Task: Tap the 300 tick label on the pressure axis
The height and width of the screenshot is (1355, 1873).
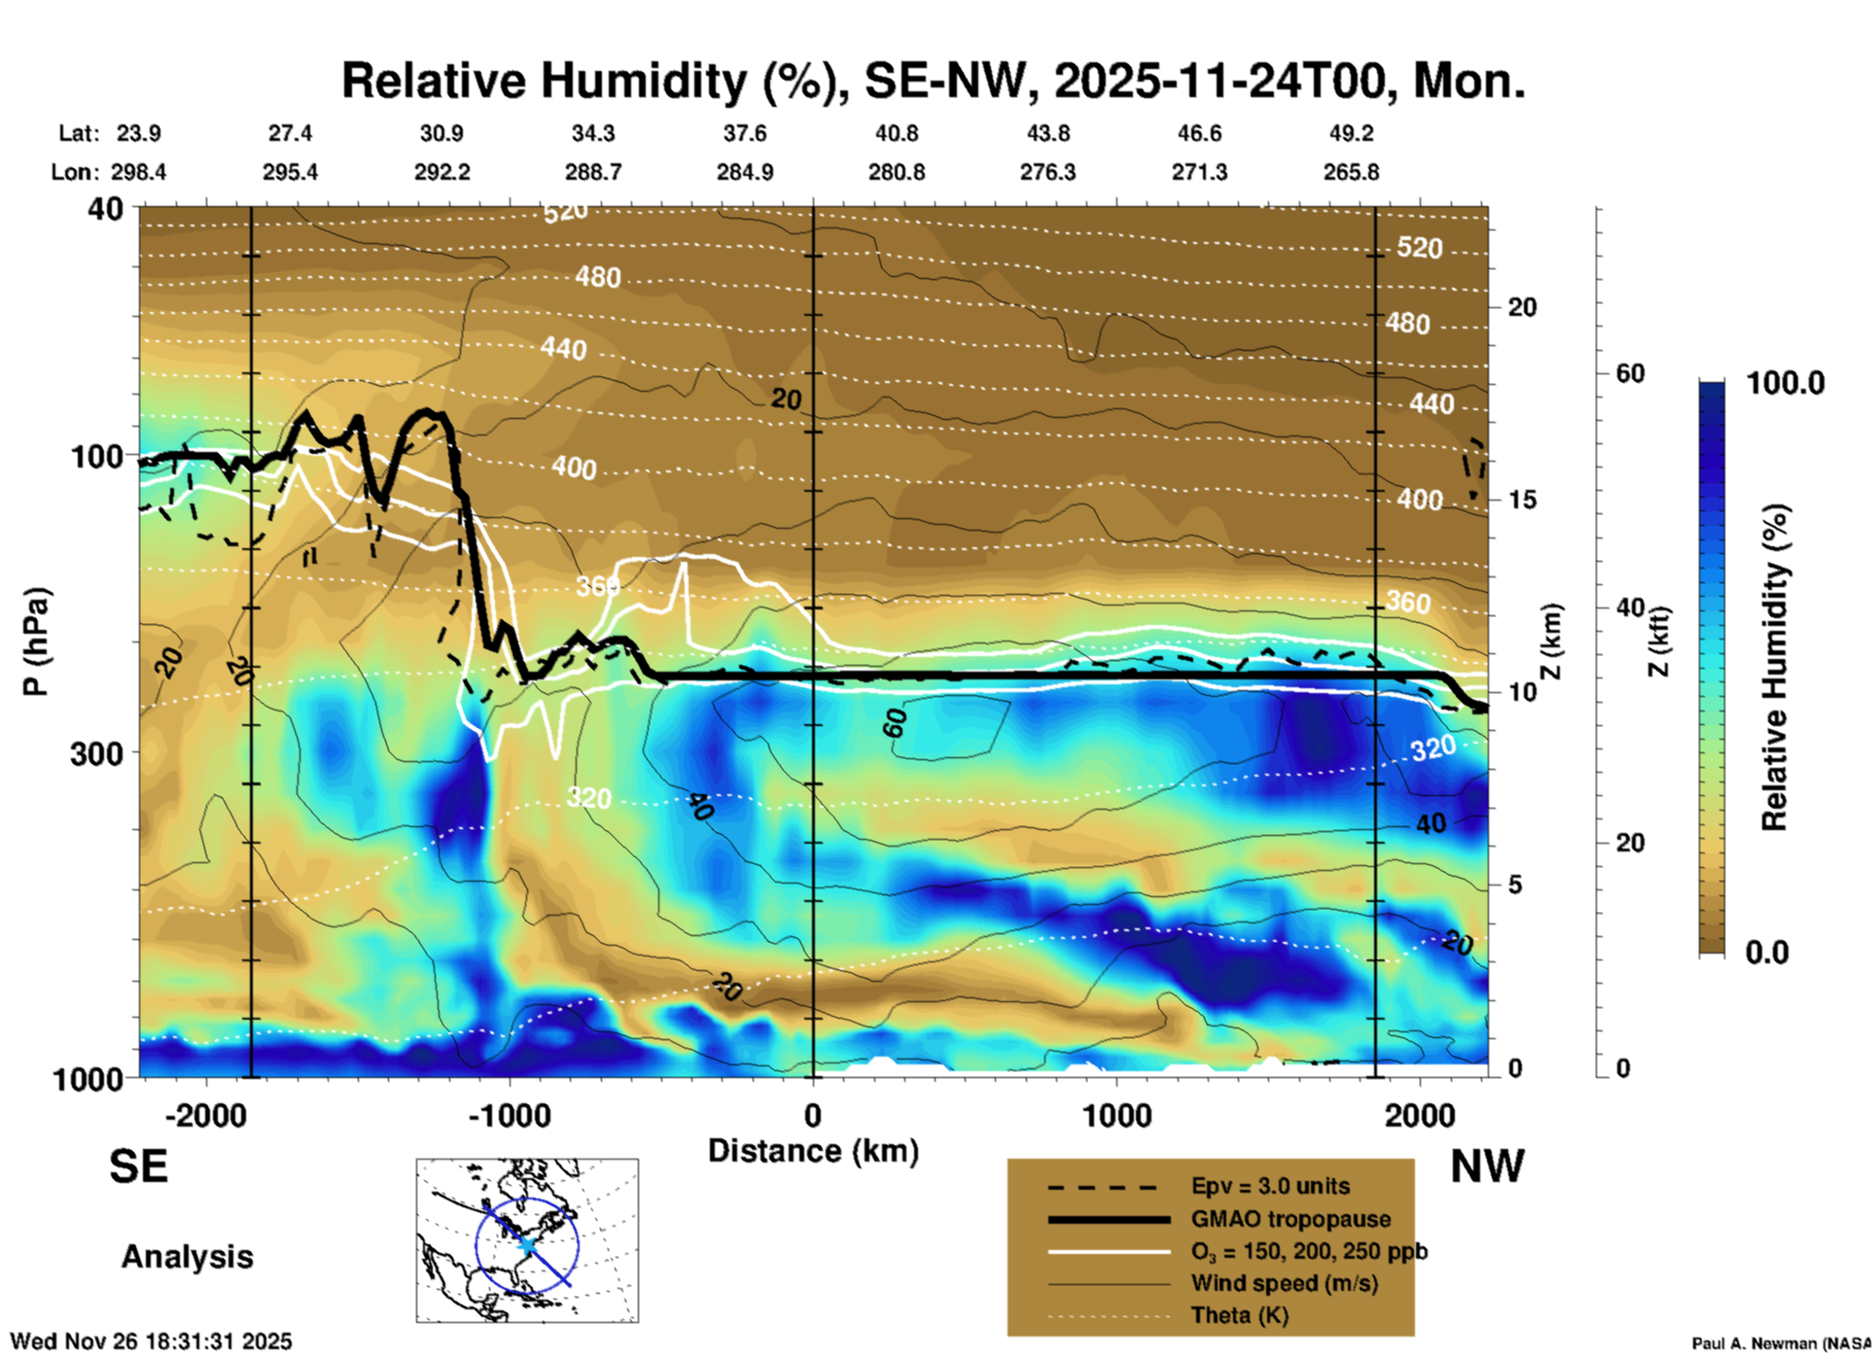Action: (x=96, y=752)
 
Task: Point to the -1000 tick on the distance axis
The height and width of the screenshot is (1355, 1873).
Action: (x=509, y=1115)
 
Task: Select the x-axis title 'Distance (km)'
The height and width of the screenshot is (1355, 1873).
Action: (x=813, y=1151)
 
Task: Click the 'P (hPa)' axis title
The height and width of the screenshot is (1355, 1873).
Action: (x=36, y=641)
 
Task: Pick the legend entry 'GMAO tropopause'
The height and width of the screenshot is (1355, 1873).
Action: (x=1290, y=1219)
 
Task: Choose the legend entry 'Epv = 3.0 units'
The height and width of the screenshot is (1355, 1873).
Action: (x=1270, y=1186)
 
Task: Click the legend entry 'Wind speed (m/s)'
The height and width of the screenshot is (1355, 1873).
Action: (x=1284, y=1283)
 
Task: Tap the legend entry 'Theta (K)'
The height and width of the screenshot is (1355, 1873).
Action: (x=1239, y=1315)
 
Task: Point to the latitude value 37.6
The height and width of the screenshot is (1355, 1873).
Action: (x=745, y=133)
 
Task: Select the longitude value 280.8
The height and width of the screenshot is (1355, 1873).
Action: (x=896, y=172)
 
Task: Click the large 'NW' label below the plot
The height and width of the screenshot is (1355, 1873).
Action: (x=1487, y=1166)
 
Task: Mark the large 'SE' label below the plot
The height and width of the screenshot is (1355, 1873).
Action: (x=138, y=1166)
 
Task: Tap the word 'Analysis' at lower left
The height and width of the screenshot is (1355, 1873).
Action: (x=187, y=1256)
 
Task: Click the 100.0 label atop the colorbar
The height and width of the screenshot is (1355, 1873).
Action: (x=1785, y=383)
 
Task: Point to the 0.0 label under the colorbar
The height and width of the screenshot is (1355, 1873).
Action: (x=1767, y=953)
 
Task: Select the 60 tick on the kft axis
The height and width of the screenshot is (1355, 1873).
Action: (x=1629, y=373)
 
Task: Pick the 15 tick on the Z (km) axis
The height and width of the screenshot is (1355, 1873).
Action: (x=1522, y=500)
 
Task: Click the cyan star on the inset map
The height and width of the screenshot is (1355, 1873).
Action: (x=526, y=1244)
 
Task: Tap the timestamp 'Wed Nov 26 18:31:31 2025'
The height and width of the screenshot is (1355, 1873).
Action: (x=151, y=1341)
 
